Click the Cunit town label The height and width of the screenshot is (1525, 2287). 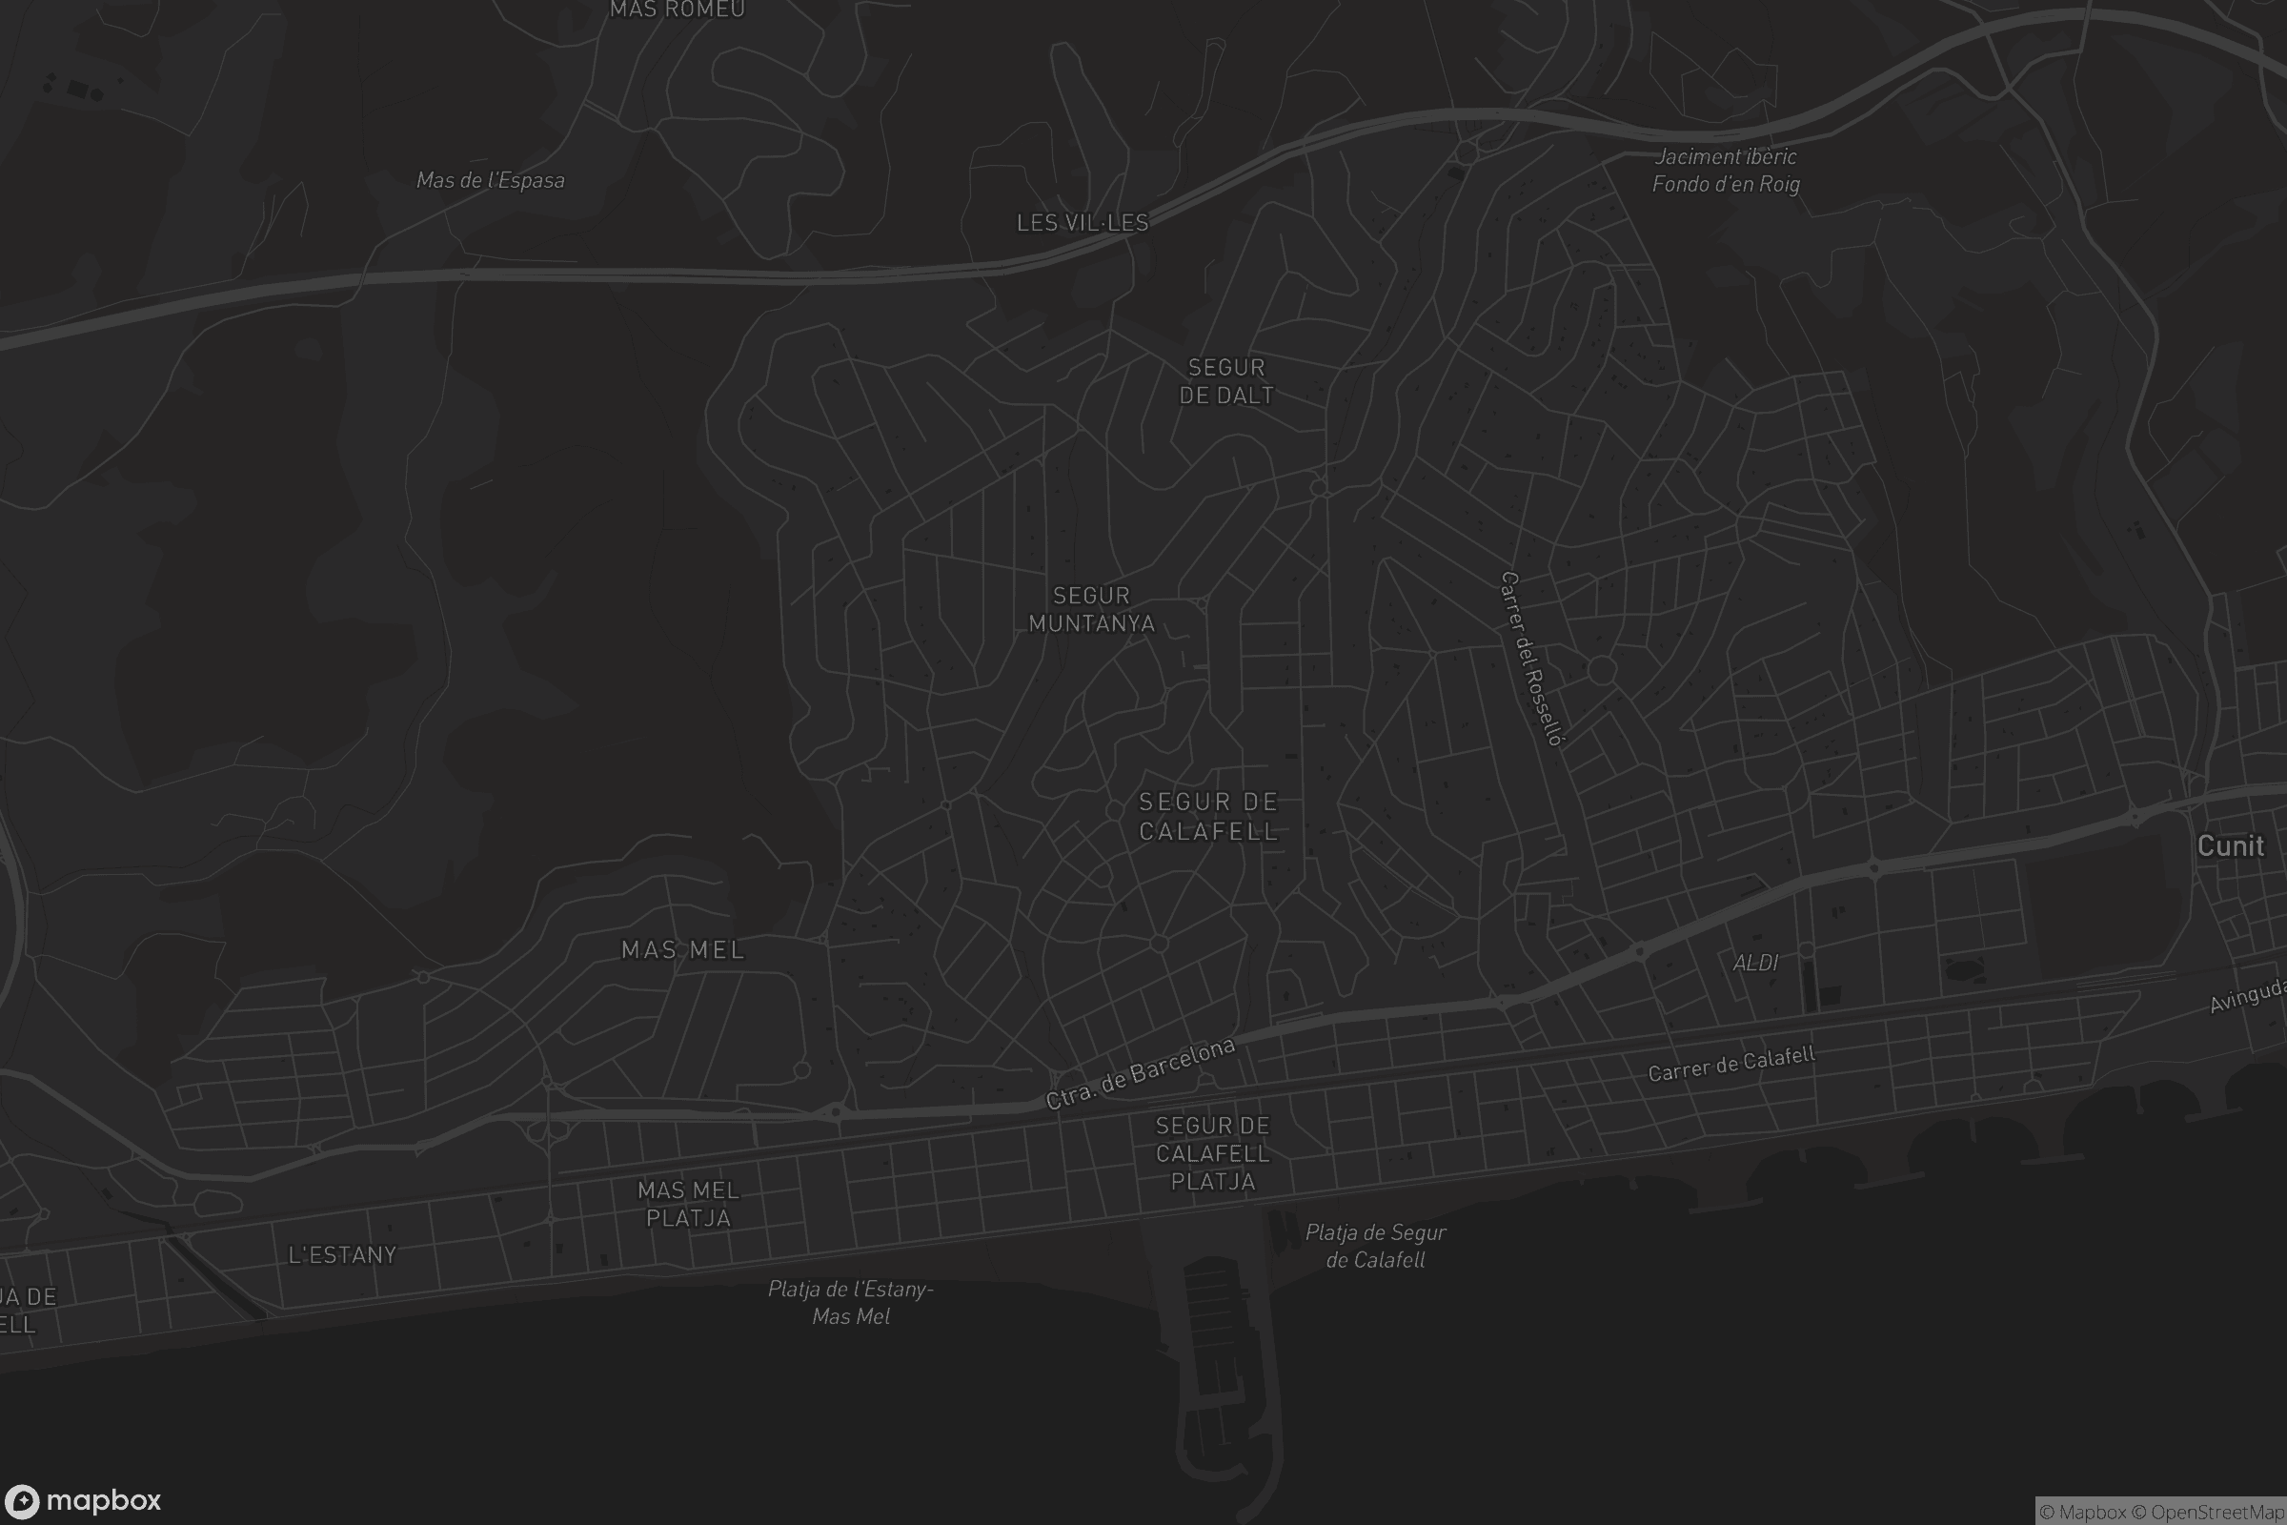coord(2230,846)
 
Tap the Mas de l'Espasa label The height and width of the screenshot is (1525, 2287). coord(490,180)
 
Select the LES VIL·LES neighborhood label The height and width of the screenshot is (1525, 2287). coord(1083,223)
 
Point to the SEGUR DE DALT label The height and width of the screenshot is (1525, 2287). coord(1226,381)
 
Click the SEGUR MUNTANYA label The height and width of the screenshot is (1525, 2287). coord(1091,610)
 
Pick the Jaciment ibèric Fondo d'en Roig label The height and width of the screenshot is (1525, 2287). coord(1726,171)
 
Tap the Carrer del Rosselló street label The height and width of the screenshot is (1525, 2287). coord(1532,659)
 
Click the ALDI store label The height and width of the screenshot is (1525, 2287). coord(1755,962)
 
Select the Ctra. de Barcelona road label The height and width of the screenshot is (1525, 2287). coord(1140,1074)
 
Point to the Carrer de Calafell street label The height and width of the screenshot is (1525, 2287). coord(1730,1063)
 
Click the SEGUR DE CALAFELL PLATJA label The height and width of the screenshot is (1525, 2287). coord(1212,1153)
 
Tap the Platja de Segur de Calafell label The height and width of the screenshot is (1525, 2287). coord(1375,1246)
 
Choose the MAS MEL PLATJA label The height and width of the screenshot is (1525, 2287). coord(688,1204)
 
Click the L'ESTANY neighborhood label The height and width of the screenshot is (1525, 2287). coord(342,1254)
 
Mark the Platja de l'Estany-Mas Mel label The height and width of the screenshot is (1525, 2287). coord(851,1302)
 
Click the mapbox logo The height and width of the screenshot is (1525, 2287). coord(82,1500)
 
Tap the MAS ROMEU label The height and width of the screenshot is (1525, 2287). coord(677,10)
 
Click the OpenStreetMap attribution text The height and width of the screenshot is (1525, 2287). coord(2217,1513)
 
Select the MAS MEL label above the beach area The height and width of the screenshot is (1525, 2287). coord(682,949)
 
